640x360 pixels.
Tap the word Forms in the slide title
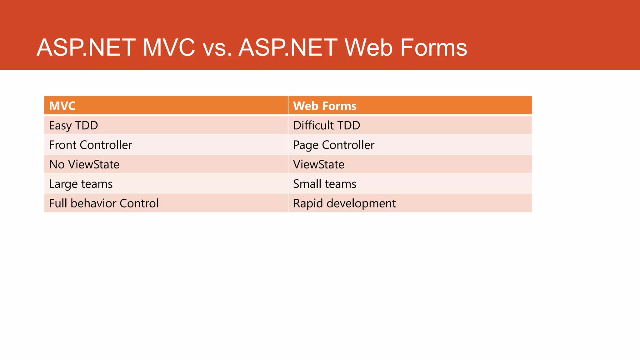pos(433,48)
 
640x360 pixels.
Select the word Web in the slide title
pos(368,48)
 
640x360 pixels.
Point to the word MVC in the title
pos(169,48)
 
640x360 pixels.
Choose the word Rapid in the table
pos(308,203)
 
